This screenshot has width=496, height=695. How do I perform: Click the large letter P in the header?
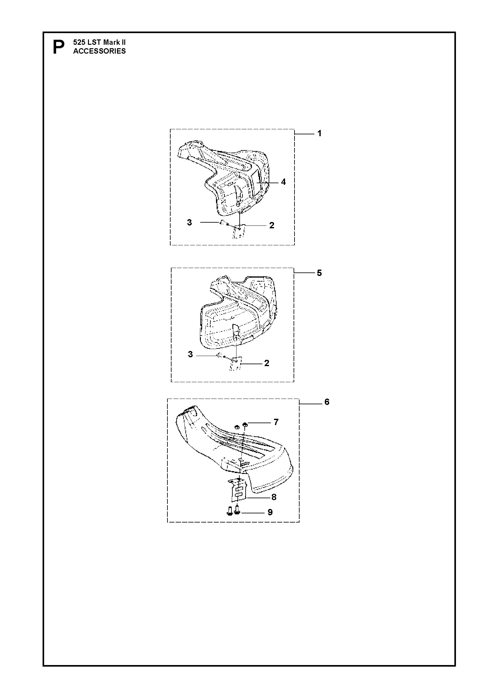pyautogui.click(x=58, y=47)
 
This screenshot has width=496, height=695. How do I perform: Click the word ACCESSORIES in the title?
pyautogui.click(x=99, y=51)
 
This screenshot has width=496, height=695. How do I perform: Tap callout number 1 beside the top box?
pyautogui.click(x=319, y=134)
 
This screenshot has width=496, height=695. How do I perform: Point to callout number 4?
pyautogui.click(x=283, y=182)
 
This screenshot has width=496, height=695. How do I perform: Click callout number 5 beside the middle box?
pyautogui.click(x=319, y=273)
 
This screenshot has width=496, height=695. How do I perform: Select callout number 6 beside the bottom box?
pyautogui.click(x=327, y=402)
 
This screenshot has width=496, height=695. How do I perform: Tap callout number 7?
pyautogui.click(x=276, y=422)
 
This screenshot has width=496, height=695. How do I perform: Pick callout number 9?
pyautogui.click(x=270, y=512)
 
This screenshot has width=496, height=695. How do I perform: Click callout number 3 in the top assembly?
pyautogui.click(x=189, y=223)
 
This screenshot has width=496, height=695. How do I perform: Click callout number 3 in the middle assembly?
pyautogui.click(x=190, y=355)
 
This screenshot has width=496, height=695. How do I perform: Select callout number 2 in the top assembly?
pyautogui.click(x=272, y=225)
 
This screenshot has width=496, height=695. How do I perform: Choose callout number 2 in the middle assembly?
pyautogui.click(x=267, y=363)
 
